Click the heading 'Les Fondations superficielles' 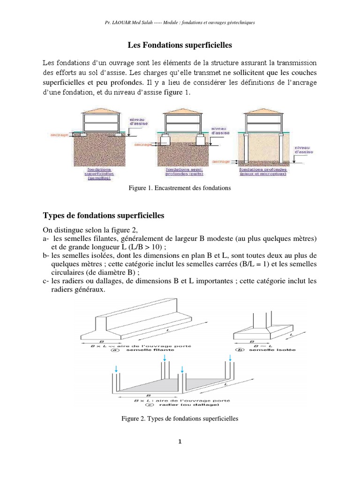click(x=180, y=45)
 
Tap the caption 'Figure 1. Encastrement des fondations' click(x=180, y=188)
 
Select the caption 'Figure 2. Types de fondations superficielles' click(x=180, y=418)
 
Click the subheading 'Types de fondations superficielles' click(x=104, y=216)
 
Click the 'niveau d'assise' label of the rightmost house click(x=302, y=150)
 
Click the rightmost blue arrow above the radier click(x=231, y=358)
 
